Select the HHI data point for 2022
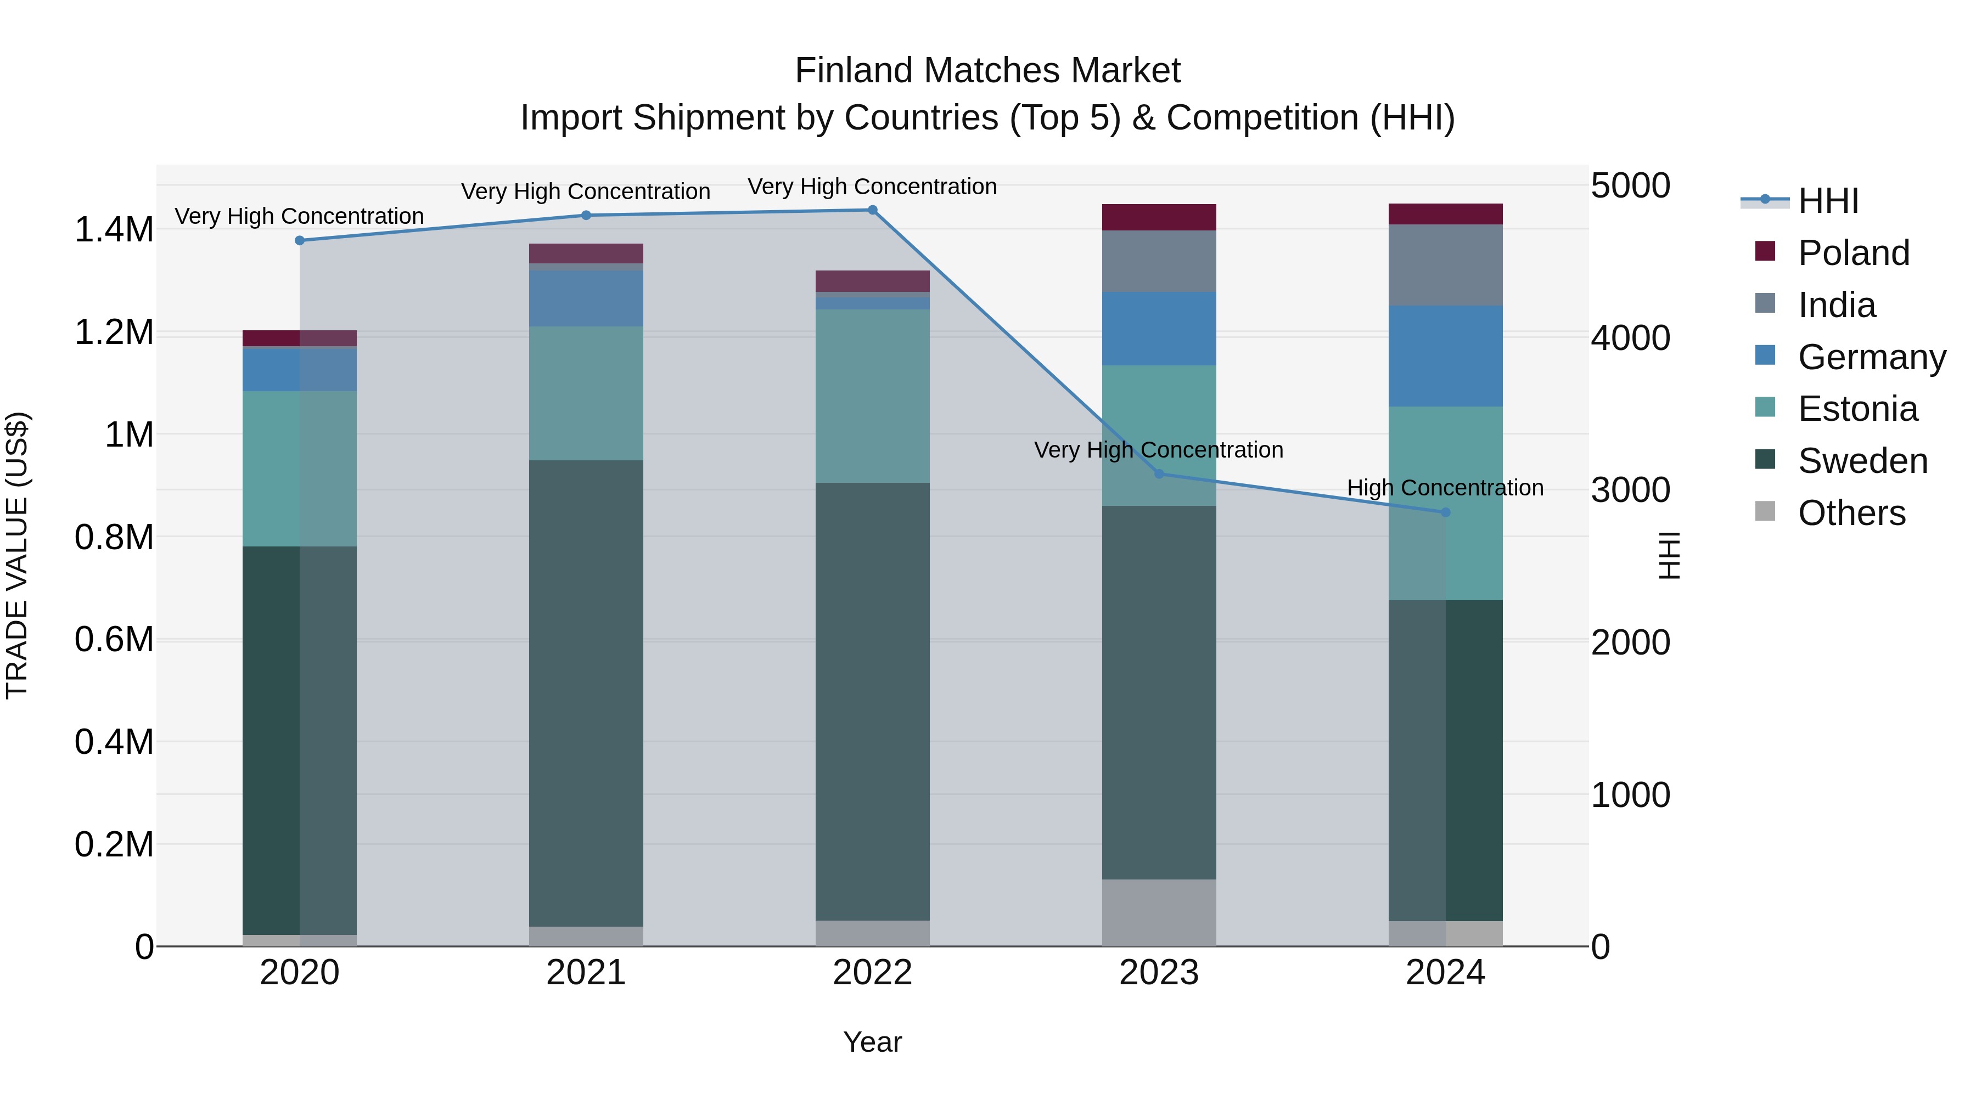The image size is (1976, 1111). point(872,210)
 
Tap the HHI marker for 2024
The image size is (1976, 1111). point(1446,512)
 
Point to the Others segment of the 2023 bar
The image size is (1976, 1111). point(1159,912)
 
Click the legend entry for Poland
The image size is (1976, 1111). point(1852,252)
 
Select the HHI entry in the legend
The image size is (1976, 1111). point(1828,201)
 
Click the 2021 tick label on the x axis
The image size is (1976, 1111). point(586,972)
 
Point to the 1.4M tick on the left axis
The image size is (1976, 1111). point(114,229)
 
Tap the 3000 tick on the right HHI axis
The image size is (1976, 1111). point(1630,490)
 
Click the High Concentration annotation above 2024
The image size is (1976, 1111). point(1445,488)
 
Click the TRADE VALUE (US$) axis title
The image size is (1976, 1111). point(17,555)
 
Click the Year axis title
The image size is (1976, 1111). point(872,1042)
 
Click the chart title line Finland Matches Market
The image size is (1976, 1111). point(987,71)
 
